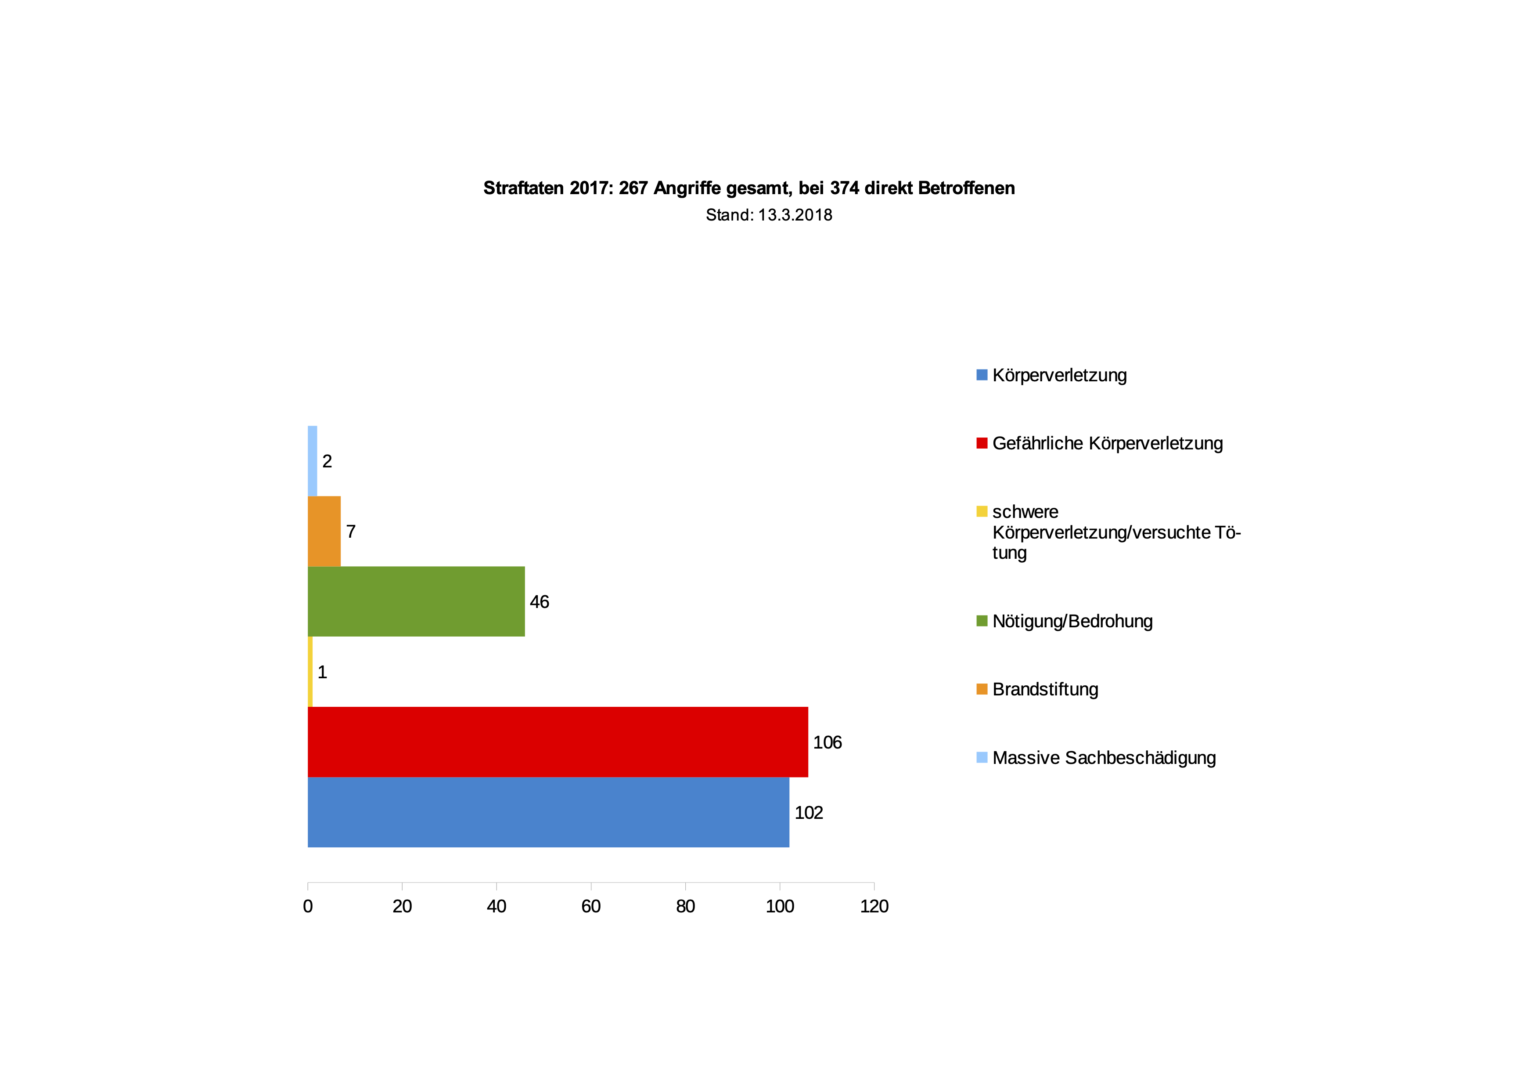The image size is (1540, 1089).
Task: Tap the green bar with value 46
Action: [416, 601]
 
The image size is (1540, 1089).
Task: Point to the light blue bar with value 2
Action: [312, 460]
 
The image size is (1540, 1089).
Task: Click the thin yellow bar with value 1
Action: [310, 672]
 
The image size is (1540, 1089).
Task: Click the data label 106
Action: [827, 742]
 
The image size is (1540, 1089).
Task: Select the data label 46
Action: [539, 602]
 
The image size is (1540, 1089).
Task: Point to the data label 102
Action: [808, 813]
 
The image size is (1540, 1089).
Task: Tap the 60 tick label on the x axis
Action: [591, 907]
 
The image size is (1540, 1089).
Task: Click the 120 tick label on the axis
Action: [874, 907]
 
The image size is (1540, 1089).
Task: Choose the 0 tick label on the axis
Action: [308, 907]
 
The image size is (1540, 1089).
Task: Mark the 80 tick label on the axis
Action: [685, 907]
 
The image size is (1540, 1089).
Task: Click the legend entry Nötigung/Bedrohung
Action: [1072, 621]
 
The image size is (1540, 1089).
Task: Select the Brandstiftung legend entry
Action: [1045, 689]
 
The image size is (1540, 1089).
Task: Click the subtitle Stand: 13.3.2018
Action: [769, 215]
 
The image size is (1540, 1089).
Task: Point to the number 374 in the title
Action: [845, 188]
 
